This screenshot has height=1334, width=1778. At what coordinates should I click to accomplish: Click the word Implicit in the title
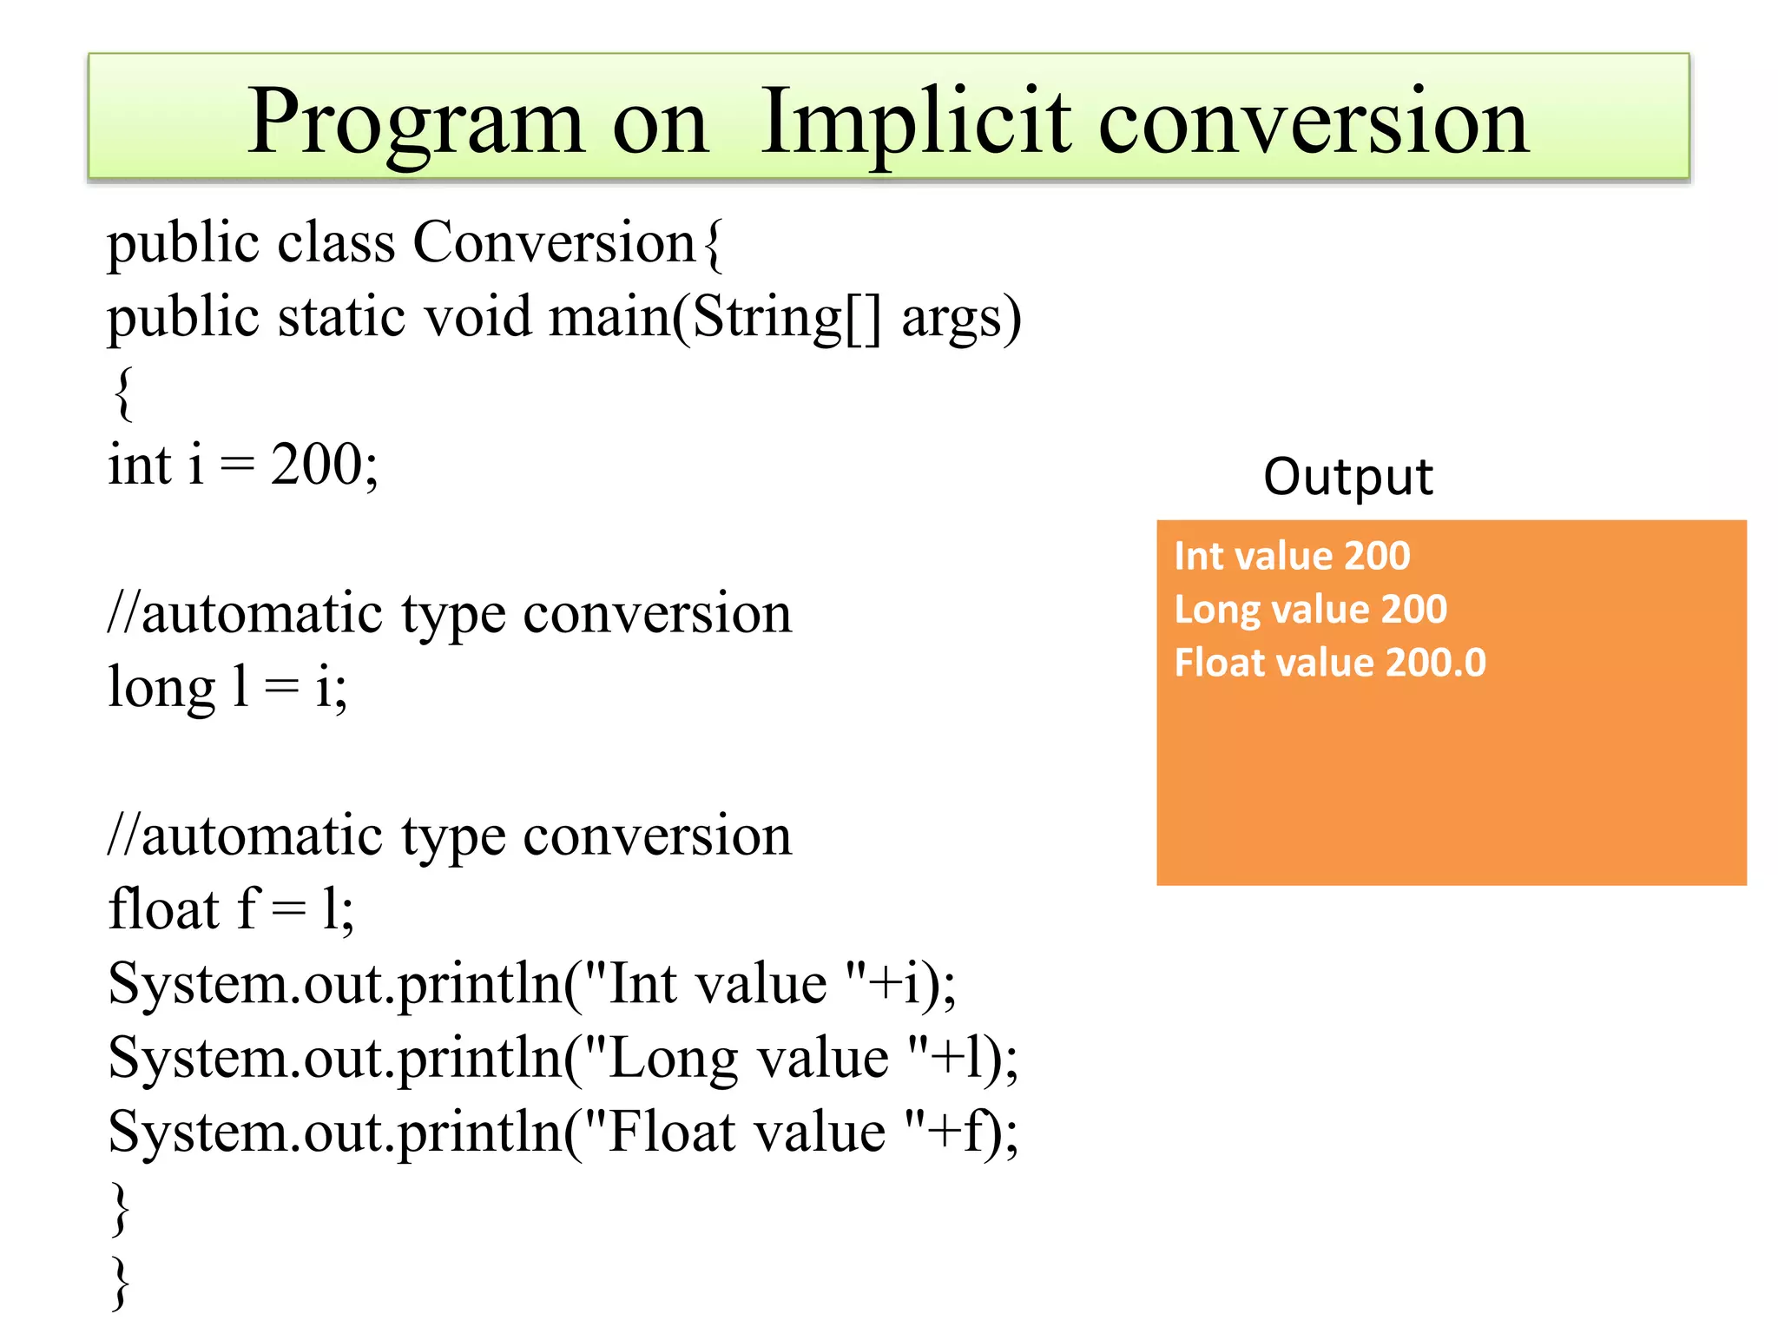(916, 122)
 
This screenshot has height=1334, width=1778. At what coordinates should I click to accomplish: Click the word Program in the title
(415, 122)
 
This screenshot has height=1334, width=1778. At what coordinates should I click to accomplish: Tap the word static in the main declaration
(342, 316)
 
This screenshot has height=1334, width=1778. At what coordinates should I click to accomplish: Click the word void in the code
(477, 316)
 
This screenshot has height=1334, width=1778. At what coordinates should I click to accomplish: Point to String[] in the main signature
(787, 318)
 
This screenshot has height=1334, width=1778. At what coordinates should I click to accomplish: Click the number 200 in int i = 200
(317, 464)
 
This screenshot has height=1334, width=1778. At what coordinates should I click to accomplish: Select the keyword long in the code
(161, 688)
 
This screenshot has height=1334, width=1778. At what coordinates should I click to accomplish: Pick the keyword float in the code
(163, 909)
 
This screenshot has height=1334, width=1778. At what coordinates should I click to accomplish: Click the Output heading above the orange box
(1347, 477)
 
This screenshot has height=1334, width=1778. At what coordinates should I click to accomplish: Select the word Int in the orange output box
(1198, 556)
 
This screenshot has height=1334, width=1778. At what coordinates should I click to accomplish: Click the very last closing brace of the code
(122, 1280)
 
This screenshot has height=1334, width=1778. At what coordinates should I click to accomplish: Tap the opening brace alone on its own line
(123, 393)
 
